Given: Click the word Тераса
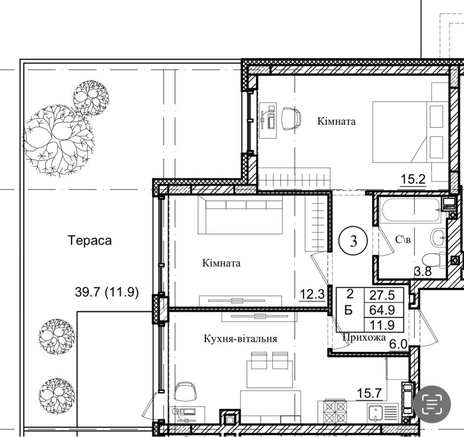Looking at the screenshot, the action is tap(90, 240).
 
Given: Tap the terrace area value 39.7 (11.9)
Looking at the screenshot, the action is tap(107, 293).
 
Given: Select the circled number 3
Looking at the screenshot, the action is tap(353, 241).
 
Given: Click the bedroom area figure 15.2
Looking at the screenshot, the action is tap(413, 179).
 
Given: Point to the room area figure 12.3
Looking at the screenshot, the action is tap(312, 294).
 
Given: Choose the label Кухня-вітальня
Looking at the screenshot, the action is tap(240, 339).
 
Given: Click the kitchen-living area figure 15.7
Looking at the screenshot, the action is tap(369, 393).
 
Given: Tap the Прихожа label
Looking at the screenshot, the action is tap(364, 338).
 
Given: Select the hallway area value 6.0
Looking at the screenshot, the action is tap(398, 344).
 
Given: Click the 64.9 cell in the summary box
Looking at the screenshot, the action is tap(382, 310).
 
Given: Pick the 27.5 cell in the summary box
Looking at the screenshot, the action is tap(382, 295).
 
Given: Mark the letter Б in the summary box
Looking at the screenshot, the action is tap(349, 310).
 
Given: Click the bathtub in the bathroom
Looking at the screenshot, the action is tap(411, 210).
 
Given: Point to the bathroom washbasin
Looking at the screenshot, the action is tap(438, 237).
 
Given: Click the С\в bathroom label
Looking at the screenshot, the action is tap(403, 239).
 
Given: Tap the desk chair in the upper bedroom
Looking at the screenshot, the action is tap(291, 118).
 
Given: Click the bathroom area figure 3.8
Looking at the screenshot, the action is tap(423, 271).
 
